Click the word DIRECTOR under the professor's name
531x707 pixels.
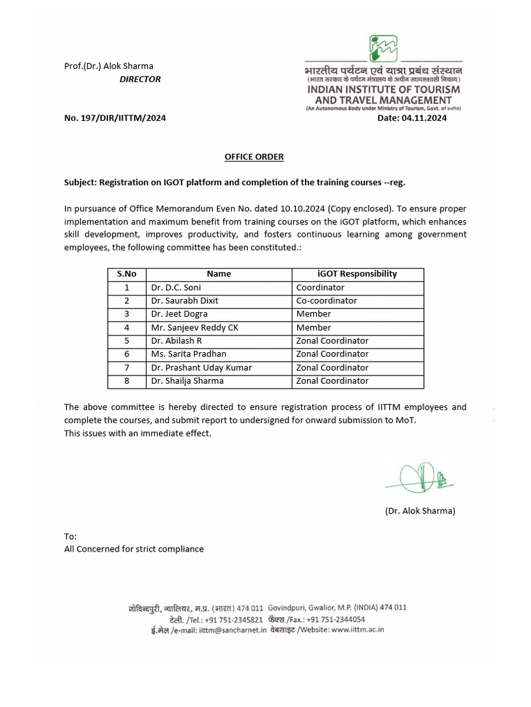(140, 79)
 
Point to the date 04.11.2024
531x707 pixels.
(424, 118)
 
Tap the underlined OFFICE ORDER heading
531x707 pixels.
(254, 157)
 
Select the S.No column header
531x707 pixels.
(127, 273)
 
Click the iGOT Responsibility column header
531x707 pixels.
(357, 273)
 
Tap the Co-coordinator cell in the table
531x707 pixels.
(326, 300)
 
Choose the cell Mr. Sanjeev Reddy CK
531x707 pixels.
(194, 327)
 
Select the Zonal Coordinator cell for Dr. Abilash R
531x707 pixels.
(332, 340)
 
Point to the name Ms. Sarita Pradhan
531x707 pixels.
(188, 354)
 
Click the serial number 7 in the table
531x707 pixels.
(127, 367)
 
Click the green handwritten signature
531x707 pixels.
(421, 477)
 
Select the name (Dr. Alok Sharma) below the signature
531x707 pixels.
(420, 511)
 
